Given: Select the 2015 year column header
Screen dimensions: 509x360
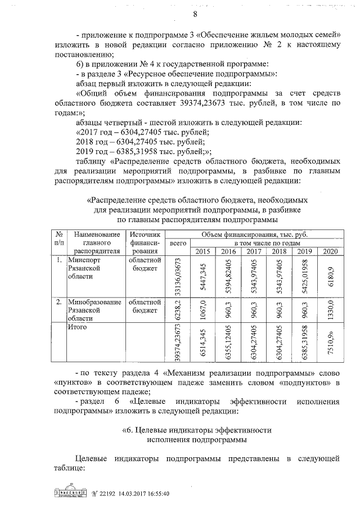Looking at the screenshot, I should [x=201, y=251].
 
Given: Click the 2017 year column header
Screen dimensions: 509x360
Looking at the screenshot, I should [x=254, y=251].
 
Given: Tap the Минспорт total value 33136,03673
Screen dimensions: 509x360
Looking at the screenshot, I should [x=178, y=276].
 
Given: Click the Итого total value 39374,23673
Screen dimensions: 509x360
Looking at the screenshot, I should [x=178, y=343].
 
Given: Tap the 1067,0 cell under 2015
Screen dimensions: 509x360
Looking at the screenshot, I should [x=202, y=309].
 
